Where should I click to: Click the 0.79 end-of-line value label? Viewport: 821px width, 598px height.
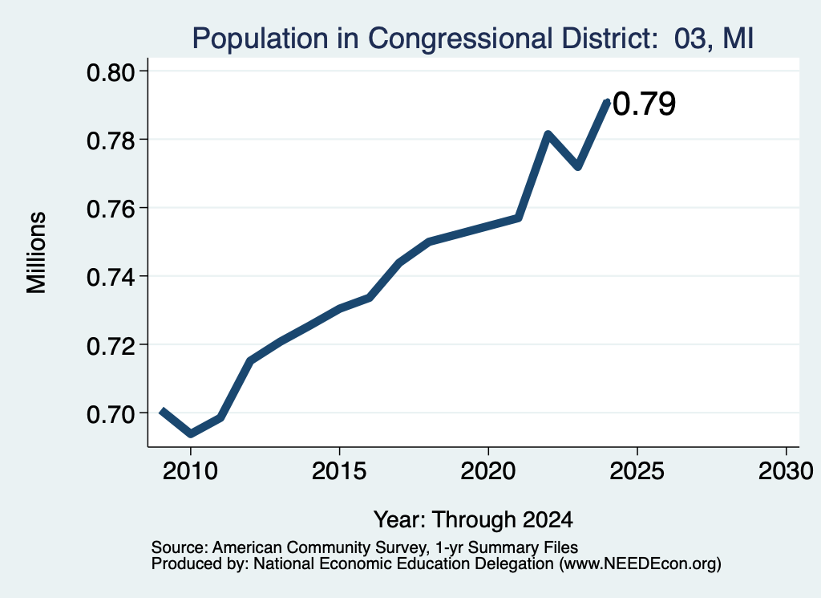point(644,104)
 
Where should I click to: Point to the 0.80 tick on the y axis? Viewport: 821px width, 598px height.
point(111,72)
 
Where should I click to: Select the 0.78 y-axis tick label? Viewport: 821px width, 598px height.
point(111,140)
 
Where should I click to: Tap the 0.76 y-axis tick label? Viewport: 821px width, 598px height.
point(111,210)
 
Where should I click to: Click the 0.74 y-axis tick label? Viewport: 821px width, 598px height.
point(111,277)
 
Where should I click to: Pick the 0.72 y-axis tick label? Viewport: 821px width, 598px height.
point(111,346)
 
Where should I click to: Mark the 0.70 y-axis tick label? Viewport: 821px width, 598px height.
point(111,414)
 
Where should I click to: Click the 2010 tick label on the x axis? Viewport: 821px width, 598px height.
point(190,470)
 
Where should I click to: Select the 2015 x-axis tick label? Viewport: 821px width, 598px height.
point(339,470)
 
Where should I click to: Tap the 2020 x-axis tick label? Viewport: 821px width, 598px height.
point(488,470)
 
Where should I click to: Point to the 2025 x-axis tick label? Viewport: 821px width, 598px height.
point(637,470)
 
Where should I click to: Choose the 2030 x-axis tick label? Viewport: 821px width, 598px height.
point(786,470)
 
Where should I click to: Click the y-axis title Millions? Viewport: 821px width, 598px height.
point(36,253)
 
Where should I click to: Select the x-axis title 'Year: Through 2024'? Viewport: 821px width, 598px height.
point(473,519)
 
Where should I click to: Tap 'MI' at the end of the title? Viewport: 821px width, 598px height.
point(738,39)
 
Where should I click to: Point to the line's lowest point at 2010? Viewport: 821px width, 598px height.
point(191,434)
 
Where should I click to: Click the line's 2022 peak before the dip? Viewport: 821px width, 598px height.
point(548,135)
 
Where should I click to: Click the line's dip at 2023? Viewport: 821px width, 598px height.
point(578,167)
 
